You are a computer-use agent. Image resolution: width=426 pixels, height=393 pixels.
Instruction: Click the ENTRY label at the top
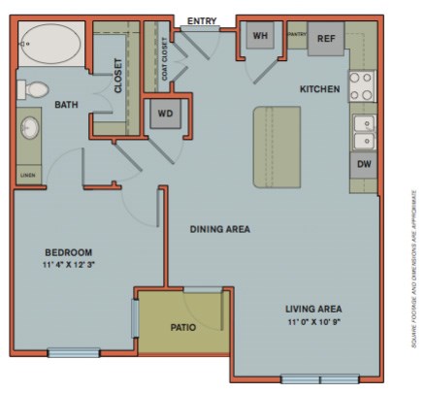202,19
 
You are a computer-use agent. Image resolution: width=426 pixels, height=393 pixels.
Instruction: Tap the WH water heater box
260,37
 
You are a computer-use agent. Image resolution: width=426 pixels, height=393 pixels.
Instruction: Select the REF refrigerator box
326,39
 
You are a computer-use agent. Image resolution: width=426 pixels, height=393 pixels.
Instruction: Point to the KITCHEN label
319,89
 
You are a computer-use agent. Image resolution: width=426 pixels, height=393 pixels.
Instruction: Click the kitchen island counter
277,147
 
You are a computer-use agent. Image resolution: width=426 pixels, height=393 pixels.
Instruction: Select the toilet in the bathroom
35,89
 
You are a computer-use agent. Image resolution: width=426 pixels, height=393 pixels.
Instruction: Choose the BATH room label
66,105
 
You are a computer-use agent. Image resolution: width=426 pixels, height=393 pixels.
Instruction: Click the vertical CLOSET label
118,76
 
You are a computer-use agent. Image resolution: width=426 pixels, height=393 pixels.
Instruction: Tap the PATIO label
182,327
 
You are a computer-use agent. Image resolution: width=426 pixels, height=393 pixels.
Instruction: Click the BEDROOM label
67,249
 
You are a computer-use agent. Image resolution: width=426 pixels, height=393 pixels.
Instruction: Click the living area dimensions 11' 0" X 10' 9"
313,322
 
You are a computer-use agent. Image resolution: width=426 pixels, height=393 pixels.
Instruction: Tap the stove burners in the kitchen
362,86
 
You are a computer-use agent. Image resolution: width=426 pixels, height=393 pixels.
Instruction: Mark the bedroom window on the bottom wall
74,353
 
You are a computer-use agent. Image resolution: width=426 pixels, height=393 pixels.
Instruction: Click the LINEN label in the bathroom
26,176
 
